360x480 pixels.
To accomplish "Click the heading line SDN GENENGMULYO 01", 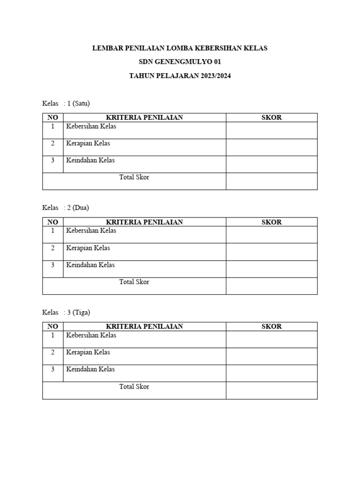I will tap(180, 62).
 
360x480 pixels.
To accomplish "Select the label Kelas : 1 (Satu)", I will tap(66, 103).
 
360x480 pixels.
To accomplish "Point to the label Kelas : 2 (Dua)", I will tap(66, 208).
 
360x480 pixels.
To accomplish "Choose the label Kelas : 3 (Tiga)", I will tap(66, 312).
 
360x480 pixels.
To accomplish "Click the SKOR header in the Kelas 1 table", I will tap(271, 117).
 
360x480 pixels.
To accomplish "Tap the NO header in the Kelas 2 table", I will tap(53, 222).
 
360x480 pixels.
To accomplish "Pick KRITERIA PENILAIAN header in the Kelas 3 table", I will tap(144, 326).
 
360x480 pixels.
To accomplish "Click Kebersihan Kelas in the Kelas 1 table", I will tap(91, 127).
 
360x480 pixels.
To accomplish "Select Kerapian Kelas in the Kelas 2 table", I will tap(88, 248).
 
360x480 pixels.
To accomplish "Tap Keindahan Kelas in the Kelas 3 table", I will tap(90, 369).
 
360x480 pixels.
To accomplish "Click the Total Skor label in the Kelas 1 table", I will tap(134, 178).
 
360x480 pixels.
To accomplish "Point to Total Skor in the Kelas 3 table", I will tap(134, 387).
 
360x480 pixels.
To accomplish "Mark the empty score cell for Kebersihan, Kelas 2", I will tap(271, 234).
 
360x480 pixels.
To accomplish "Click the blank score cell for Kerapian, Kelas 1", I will tap(271, 147).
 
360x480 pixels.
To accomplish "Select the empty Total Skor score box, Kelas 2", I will tap(271, 286).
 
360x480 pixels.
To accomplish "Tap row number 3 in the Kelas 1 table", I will tap(53, 160).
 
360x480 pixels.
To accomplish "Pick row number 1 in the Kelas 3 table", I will tap(53, 336).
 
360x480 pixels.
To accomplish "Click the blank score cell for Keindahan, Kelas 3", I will tap(271, 373).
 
